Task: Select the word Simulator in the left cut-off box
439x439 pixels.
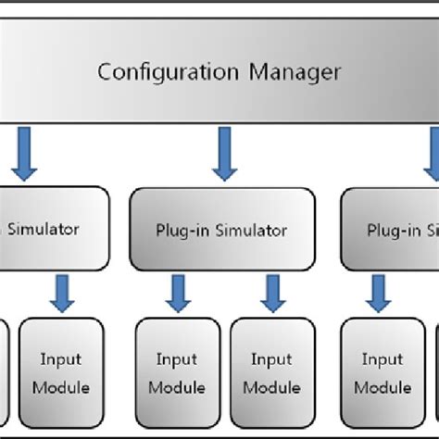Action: pos(44,229)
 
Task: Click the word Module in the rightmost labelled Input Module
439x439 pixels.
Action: pos(383,387)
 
